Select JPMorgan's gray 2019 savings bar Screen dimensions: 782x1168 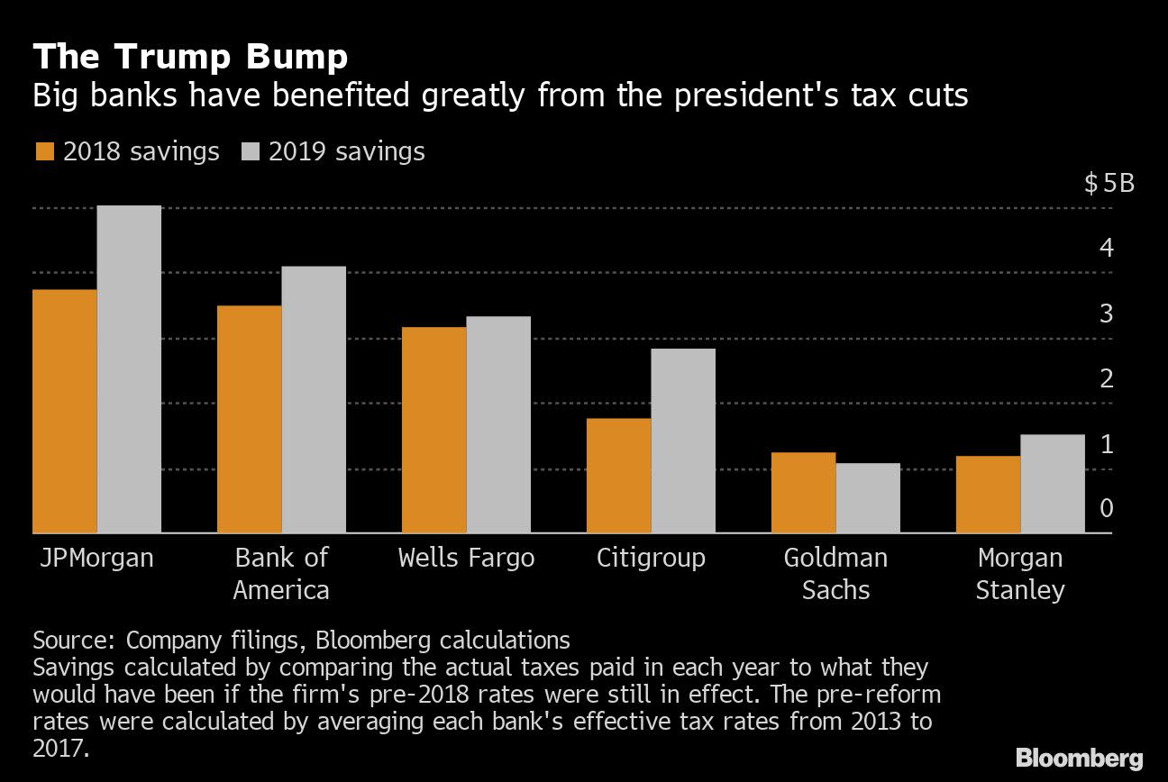click(x=129, y=369)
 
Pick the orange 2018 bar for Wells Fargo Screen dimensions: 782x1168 click(x=433, y=430)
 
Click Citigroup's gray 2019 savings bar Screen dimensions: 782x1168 click(x=683, y=441)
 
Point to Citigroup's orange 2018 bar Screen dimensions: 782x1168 click(x=618, y=476)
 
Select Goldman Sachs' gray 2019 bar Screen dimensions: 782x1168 click(x=868, y=497)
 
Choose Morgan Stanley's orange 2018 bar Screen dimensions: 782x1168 click(x=988, y=495)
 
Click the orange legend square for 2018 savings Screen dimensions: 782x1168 click(x=44, y=152)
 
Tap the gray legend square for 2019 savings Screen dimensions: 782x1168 click(x=251, y=152)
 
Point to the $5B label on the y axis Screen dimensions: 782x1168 click(x=1109, y=185)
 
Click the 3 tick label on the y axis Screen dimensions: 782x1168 click(x=1106, y=314)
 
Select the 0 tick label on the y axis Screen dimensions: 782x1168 click(x=1106, y=509)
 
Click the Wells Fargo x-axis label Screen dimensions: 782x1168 click(x=466, y=558)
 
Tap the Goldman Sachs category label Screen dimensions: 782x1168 click(x=835, y=574)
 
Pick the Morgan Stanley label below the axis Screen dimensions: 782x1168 click(x=1020, y=574)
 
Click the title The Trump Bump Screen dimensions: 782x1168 click(x=190, y=58)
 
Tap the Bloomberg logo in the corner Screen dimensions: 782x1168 click(x=1079, y=757)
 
